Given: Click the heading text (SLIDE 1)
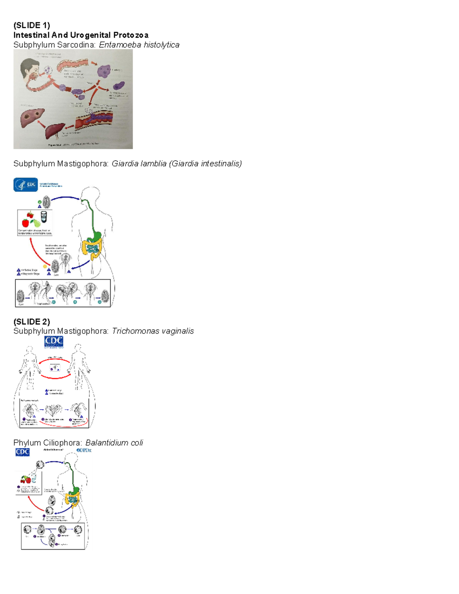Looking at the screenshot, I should tap(32, 25).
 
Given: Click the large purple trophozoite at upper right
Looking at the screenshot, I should tap(104, 71).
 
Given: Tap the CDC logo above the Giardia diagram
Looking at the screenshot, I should tap(26, 184).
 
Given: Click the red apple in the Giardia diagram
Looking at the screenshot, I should tap(26, 223).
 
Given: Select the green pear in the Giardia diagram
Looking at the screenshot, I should tap(36, 223).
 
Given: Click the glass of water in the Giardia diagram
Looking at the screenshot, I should tap(44, 217).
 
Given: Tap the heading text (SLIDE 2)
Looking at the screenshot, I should tap(32, 322).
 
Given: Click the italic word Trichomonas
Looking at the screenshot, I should tap(131, 331).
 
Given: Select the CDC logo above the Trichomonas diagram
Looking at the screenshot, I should tap(54, 342).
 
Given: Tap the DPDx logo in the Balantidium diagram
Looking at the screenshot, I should tap(84, 450).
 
